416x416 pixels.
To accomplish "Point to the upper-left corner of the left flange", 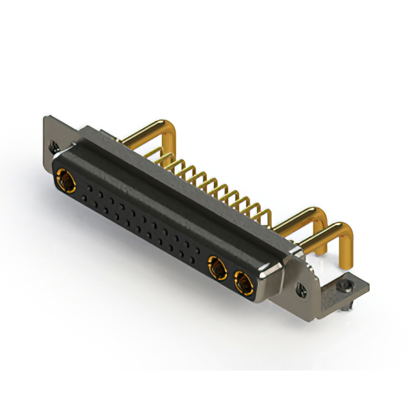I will (45, 118).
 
